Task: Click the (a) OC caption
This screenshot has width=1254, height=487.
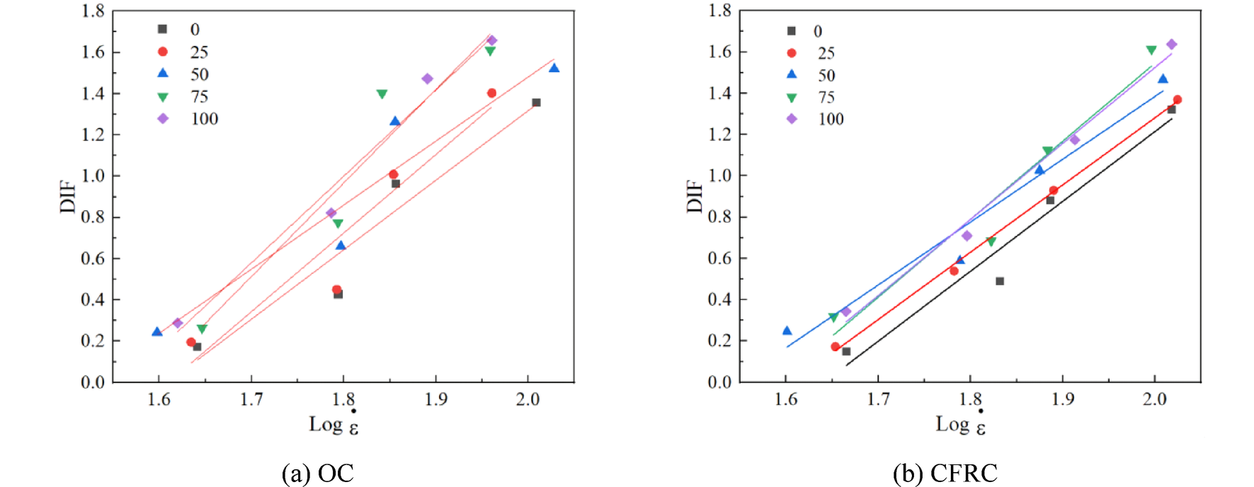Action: pyautogui.click(x=317, y=473)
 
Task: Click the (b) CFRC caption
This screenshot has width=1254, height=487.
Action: pyautogui.click(x=945, y=473)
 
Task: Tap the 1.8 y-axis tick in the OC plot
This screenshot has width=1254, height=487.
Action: pyautogui.click(x=93, y=11)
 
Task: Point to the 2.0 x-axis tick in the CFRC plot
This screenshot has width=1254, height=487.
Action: pyautogui.click(x=1154, y=399)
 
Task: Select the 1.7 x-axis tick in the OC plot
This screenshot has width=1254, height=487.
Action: pyautogui.click(x=251, y=399)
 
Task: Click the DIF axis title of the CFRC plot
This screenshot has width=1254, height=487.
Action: pyautogui.click(x=695, y=196)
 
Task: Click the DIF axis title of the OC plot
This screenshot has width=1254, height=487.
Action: pyautogui.click(x=68, y=196)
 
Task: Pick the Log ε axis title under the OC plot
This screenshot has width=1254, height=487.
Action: pyautogui.click(x=334, y=425)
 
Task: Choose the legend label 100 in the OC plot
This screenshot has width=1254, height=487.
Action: pyautogui.click(x=204, y=119)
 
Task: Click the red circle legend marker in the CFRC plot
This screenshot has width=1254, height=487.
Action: pyautogui.click(x=792, y=53)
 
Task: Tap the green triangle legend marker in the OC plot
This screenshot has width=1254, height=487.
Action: pyautogui.click(x=163, y=97)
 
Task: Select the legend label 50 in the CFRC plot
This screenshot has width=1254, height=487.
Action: pyautogui.click(x=826, y=75)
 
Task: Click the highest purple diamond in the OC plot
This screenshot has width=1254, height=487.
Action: pyautogui.click(x=492, y=40)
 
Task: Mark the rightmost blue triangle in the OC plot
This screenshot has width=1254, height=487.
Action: pyautogui.click(x=554, y=68)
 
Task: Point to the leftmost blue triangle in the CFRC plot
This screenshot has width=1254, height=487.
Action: pyautogui.click(x=787, y=331)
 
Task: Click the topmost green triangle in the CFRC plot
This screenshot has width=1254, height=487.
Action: pyautogui.click(x=1151, y=50)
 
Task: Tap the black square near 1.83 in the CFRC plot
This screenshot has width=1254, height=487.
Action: pyautogui.click(x=1000, y=281)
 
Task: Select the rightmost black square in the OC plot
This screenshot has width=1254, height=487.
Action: pyautogui.click(x=536, y=103)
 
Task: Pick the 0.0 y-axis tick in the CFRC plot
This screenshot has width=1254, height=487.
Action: pyautogui.click(x=719, y=382)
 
